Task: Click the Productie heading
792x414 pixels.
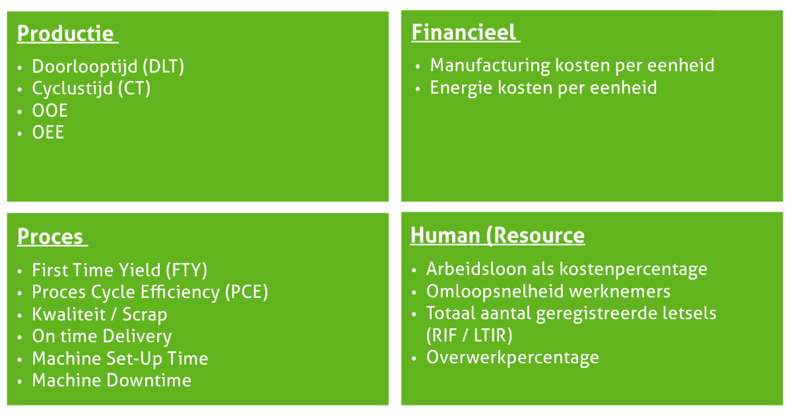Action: pyautogui.click(x=65, y=34)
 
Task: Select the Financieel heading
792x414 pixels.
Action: pyautogui.click(x=464, y=32)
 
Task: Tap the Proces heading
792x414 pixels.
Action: pyautogui.click(x=50, y=237)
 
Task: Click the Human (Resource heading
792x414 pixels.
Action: pyautogui.click(x=497, y=235)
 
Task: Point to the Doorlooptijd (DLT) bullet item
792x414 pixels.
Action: pyautogui.click(x=108, y=67)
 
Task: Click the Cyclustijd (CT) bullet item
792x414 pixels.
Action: pyautogui.click(x=91, y=88)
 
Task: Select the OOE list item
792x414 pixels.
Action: pyautogui.click(x=49, y=110)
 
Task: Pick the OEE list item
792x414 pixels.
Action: pyautogui.click(x=48, y=132)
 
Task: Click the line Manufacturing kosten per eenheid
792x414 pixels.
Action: pyautogui.click(x=572, y=65)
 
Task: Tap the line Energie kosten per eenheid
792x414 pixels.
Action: pyautogui.click(x=543, y=88)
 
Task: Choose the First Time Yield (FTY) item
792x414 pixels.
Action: pyautogui.click(x=119, y=270)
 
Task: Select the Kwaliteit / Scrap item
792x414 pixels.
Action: pyautogui.click(x=99, y=314)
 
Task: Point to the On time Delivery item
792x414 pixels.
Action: pyautogui.click(x=102, y=336)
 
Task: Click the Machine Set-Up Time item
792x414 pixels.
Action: pyautogui.click(x=119, y=359)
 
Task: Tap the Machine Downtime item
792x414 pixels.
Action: pyautogui.click(x=112, y=380)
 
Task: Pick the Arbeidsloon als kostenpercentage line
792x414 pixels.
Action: pyautogui.click(x=566, y=269)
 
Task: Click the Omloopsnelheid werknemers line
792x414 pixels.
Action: pyautogui.click(x=548, y=291)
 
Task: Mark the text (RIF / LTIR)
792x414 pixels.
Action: pyautogui.click(x=469, y=336)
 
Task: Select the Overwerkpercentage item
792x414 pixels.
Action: pyautogui.click(x=512, y=357)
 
